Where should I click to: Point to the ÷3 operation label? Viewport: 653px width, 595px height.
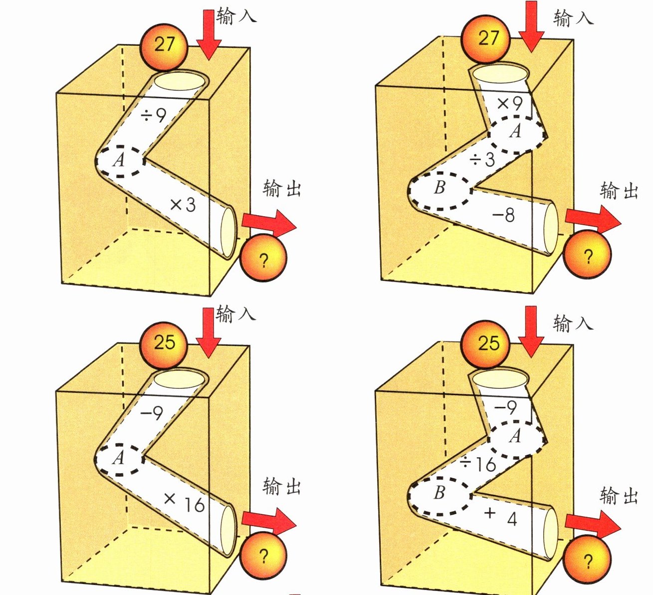[x=482, y=160]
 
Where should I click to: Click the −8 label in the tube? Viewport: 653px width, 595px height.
[x=503, y=216]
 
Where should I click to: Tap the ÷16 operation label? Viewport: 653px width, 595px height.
[x=477, y=464]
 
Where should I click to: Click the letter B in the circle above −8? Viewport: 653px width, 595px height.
[x=439, y=188]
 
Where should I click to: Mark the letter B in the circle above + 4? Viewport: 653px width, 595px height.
[x=439, y=493]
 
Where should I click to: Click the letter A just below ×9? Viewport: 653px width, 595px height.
[x=516, y=131]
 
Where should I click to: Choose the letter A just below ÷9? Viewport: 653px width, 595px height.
[x=118, y=160]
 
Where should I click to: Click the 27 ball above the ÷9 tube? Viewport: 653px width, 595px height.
[x=164, y=45]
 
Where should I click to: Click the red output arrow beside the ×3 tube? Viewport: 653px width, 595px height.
[x=268, y=223]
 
